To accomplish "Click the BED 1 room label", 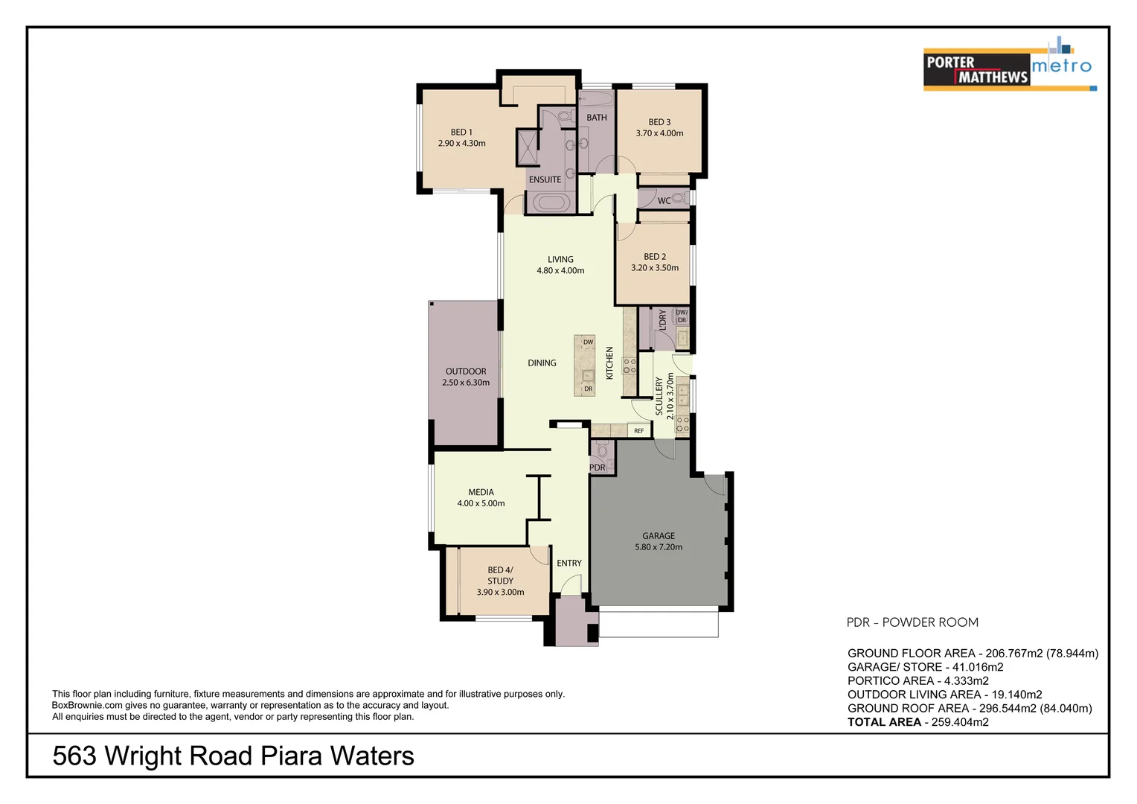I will [x=461, y=132].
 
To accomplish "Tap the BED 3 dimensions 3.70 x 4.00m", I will [x=659, y=133].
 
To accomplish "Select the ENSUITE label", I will [x=545, y=179].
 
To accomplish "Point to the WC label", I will [x=664, y=200].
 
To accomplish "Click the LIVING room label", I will [x=560, y=259].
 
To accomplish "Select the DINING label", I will [x=542, y=363].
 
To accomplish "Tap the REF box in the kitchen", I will [x=638, y=430].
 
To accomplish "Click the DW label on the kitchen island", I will [x=588, y=342].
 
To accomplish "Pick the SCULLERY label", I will [x=659, y=395].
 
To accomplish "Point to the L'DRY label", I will [x=662, y=320].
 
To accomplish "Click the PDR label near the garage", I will [x=597, y=468].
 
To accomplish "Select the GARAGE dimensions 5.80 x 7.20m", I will [x=659, y=547].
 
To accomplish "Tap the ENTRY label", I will [x=569, y=563].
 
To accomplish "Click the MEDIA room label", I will [x=481, y=492].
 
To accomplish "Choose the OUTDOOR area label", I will [x=466, y=371].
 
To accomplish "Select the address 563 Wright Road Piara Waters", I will [x=233, y=756].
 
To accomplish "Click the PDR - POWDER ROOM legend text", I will [x=912, y=622].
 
